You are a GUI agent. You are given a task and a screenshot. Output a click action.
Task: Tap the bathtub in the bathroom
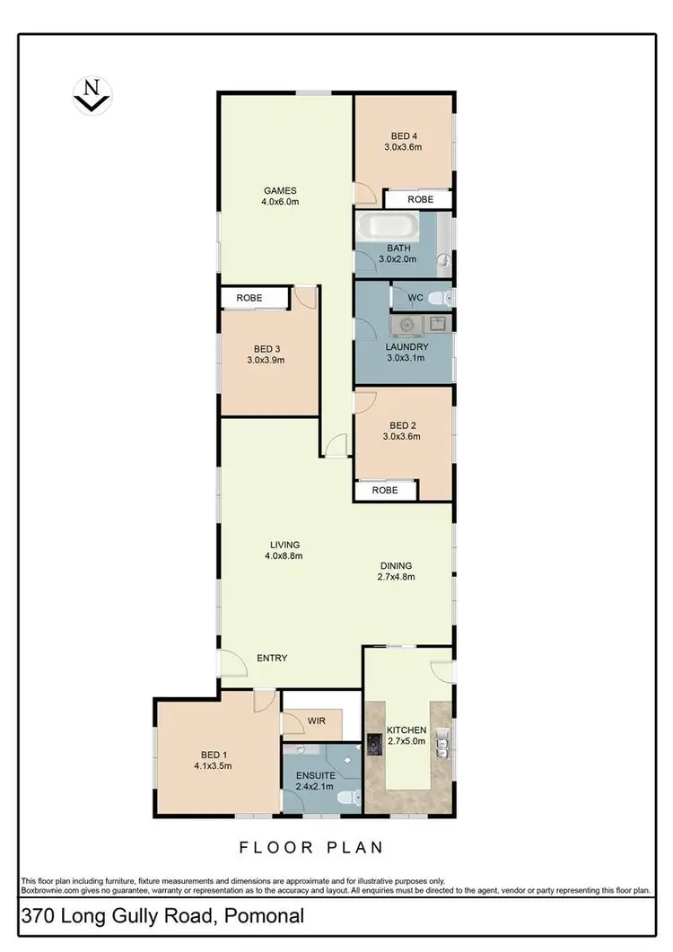[x=386, y=225]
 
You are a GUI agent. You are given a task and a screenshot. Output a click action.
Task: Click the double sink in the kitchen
[x=441, y=742]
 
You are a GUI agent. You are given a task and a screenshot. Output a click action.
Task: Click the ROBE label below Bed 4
[x=421, y=200]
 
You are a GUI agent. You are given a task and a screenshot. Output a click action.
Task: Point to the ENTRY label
[x=272, y=658]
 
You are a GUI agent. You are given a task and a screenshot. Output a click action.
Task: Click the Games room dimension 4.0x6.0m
[x=280, y=202]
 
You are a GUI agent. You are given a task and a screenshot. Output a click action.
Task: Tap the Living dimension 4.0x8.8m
[x=284, y=556]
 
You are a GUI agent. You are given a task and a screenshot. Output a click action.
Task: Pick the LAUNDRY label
[x=406, y=346]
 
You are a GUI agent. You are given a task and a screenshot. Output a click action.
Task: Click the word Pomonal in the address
[x=267, y=916]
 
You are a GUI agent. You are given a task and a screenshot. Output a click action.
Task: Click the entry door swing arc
[x=232, y=664]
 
